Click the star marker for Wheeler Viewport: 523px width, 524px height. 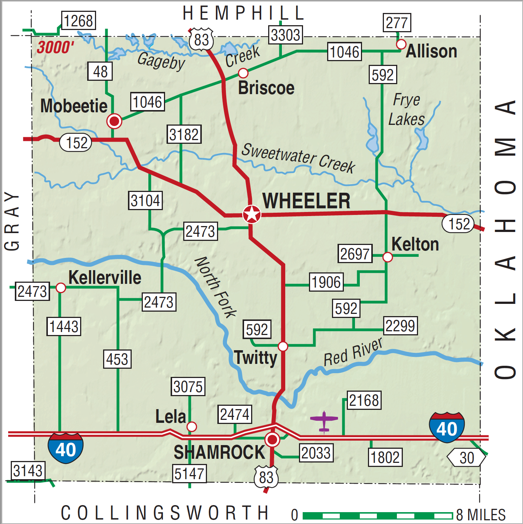(x=252, y=214)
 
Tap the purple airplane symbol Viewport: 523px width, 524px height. (x=324, y=421)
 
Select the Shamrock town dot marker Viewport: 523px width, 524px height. (x=272, y=440)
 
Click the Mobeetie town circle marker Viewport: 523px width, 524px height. (x=114, y=121)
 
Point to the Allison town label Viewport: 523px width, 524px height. (x=431, y=52)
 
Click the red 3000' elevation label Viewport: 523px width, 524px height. (x=55, y=47)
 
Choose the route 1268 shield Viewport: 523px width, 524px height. (x=78, y=21)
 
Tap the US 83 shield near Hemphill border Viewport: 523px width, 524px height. (x=201, y=39)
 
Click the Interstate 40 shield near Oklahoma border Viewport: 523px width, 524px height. (x=447, y=428)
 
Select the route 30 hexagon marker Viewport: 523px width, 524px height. (x=466, y=458)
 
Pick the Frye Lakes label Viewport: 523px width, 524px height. (x=407, y=110)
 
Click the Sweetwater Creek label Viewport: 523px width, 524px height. (x=298, y=158)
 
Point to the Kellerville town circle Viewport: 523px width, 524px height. (x=61, y=288)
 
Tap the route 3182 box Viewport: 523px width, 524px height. (x=184, y=134)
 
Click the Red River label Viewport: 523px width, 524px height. (x=353, y=352)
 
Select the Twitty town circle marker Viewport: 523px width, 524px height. (x=283, y=346)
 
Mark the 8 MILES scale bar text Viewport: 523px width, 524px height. (x=481, y=515)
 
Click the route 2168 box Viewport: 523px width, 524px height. (x=364, y=400)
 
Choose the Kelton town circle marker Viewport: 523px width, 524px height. (x=387, y=257)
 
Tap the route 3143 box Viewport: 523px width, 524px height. (x=28, y=471)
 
